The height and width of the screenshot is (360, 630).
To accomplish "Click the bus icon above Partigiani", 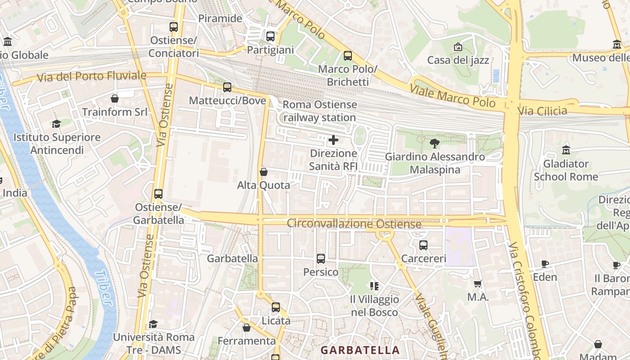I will (x=270, y=36).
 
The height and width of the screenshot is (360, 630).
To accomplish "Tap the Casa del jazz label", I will (x=458, y=60).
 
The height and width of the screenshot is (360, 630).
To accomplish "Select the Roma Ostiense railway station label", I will (x=319, y=111).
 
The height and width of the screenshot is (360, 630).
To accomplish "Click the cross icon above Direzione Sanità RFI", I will (x=333, y=140).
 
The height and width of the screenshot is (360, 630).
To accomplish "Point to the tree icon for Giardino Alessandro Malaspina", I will (x=434, y=144).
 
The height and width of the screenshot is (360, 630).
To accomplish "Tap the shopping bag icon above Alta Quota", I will (x=264, y=172).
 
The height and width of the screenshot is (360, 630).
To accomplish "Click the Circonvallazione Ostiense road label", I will (x=354, y=223).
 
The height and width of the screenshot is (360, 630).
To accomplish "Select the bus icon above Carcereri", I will (x=423, y=245).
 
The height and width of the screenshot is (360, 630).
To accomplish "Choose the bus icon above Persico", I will (x=320, y=259).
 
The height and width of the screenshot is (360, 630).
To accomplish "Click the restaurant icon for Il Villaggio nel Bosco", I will (x=374, y=286).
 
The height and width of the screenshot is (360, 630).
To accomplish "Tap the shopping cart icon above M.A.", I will (x=478, y=284).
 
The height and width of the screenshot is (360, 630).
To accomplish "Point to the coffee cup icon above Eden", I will (x=545, y=264).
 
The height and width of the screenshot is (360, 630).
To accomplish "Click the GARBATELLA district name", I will (x=360, y=350).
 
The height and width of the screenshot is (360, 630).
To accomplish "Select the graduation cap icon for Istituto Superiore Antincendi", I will (x=56, y=124).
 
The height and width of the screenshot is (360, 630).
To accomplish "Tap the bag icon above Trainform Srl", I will (x=115, y=99).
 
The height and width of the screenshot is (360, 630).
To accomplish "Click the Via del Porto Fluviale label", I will (x=92, y=76).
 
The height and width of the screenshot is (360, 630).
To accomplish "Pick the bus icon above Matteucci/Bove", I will (x=227, y=87).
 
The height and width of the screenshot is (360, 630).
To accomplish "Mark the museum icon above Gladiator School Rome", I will (x=566, y=150).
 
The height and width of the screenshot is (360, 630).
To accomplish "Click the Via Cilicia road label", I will (x=542, y=111).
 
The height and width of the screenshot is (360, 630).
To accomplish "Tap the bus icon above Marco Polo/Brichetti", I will (x=347, y=56).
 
